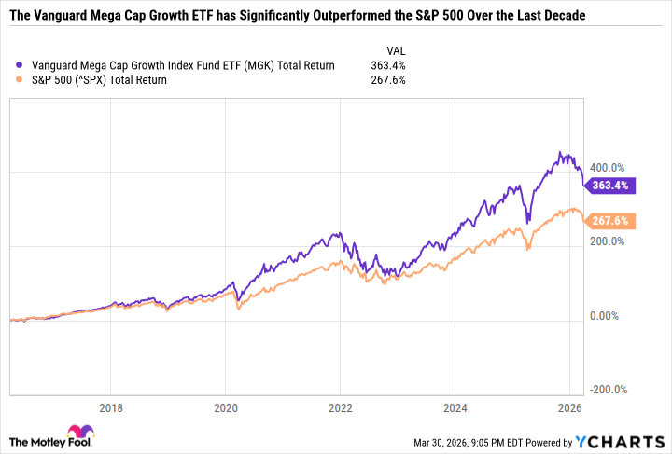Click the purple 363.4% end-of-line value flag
pos(611,186)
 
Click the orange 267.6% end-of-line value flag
pos(611,222)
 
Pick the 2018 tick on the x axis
pos(110,408)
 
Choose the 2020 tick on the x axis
pos(225,408)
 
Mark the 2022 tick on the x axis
pos(340,408)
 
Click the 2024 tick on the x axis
pos(455,408)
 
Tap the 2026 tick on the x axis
pos(569,408)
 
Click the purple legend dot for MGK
pos(21,65)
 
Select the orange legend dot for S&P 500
pos(21,79)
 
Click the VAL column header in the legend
pos(396,50)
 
